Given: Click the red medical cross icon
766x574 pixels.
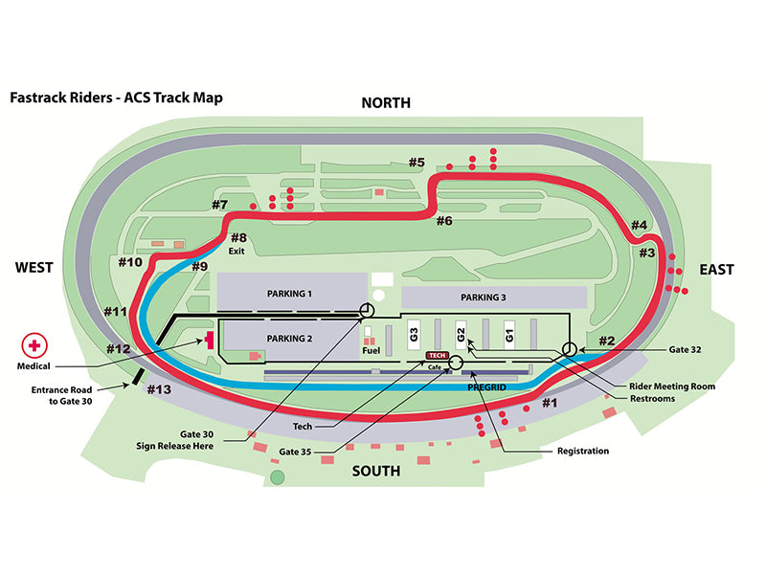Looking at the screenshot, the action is point(34,345).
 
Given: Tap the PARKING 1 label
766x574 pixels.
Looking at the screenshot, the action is point(289,294).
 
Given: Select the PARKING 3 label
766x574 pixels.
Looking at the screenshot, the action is point(484,297).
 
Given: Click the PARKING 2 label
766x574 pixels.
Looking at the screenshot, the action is point(289,339).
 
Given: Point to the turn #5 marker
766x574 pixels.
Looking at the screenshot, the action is point(417,162).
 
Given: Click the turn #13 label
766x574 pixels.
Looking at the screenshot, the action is point(159,389).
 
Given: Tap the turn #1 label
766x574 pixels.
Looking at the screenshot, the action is point(550,403).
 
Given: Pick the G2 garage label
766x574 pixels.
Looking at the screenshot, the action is point(461,335).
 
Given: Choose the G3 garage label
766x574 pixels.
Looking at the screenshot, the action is point(414,335).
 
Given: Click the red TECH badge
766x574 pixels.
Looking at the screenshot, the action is point(438,355).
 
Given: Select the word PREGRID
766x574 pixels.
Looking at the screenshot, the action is point(486,387).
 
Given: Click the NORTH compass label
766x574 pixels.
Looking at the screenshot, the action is point(386,103).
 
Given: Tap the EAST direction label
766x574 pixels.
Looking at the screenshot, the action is point(716,270).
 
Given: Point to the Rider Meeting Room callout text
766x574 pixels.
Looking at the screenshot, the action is point(672,386).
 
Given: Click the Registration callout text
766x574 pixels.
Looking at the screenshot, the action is point(583,451).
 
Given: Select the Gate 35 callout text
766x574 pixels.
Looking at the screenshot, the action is point(295,452).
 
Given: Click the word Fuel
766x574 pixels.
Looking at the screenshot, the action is point(372,350).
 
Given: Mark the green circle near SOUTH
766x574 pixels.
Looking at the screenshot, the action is point(278,476).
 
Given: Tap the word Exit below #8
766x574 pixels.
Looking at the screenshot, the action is point(237,251).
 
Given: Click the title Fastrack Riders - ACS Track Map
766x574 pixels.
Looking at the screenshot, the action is point(116,98).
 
